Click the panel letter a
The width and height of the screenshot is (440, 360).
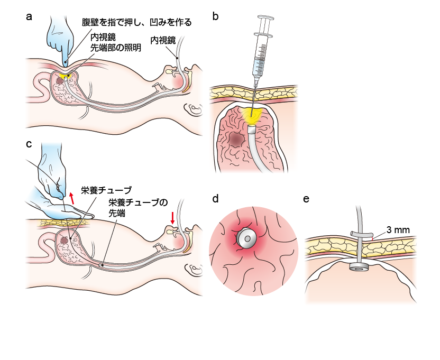tap(29, 16)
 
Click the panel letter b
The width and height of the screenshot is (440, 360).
tap(215, 16)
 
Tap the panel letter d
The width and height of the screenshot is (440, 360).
tap(215, 199)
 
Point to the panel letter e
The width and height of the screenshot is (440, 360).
tap(307, 199)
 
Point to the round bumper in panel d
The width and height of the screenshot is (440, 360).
tap(247, 238)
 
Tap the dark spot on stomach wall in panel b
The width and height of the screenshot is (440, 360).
tap(236, 139)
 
